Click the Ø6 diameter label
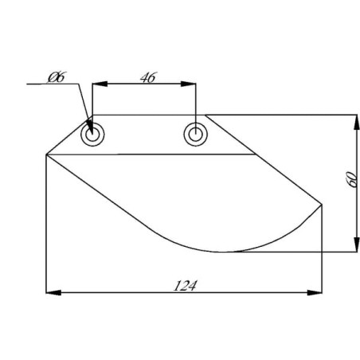[x=57, y=77]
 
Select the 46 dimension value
[x=149, y=77]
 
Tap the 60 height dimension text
[x=352, y=179]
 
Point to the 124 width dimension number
[x=185, y=286]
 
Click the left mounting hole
[x=92, y=135]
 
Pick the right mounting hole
[x=196, y=134]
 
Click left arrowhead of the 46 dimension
[x=100, y=84]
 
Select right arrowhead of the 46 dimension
[x=188, y=84]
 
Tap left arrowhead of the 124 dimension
[x=53, y=292]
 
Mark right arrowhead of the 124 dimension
[x=315, y=292]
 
